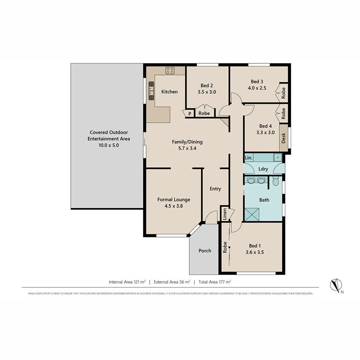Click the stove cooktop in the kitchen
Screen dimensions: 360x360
click(x=170, y=70)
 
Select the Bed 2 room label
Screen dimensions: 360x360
click(x=206, y=86)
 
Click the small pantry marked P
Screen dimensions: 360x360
click(x=190, y=114)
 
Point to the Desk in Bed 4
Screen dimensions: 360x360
click(x=284, y=138)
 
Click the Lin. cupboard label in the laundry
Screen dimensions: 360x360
click(x=249, y=158)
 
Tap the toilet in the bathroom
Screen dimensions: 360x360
click(x=275, y=181)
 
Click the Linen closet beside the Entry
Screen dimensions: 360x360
click(x=224, y=214)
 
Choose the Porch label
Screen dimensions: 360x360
click(x=205, y=251)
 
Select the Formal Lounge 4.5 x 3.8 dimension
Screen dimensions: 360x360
click(x=173, y=206)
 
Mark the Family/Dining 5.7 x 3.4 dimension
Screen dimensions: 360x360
click(x=187, y=148)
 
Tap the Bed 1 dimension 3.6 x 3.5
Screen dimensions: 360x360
click(x=255, y=252)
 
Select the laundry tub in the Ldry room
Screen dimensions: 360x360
click(x=277, y=157)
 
